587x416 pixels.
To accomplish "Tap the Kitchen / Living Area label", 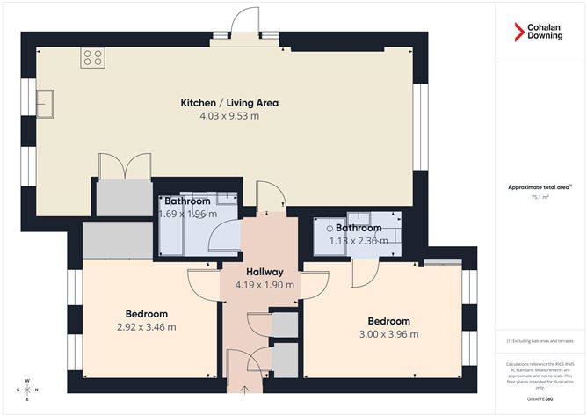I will (x=229, y=103).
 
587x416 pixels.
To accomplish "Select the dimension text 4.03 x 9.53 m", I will (x=229, y=115).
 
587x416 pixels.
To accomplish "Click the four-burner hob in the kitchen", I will (x=92, y=58).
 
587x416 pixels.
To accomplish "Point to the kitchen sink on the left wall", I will (x=45, y=104).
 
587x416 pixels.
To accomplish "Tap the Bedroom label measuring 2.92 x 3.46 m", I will (x=147, y=314).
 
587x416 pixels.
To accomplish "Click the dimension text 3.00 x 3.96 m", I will (x=388, y=334).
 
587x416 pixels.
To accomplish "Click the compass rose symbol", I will (x=27, y=387).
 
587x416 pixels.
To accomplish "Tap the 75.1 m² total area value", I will (x=540, y=198).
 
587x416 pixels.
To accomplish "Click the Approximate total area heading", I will (x=540, y=186).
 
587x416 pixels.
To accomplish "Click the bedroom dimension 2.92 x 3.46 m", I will (x=147, y=327).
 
